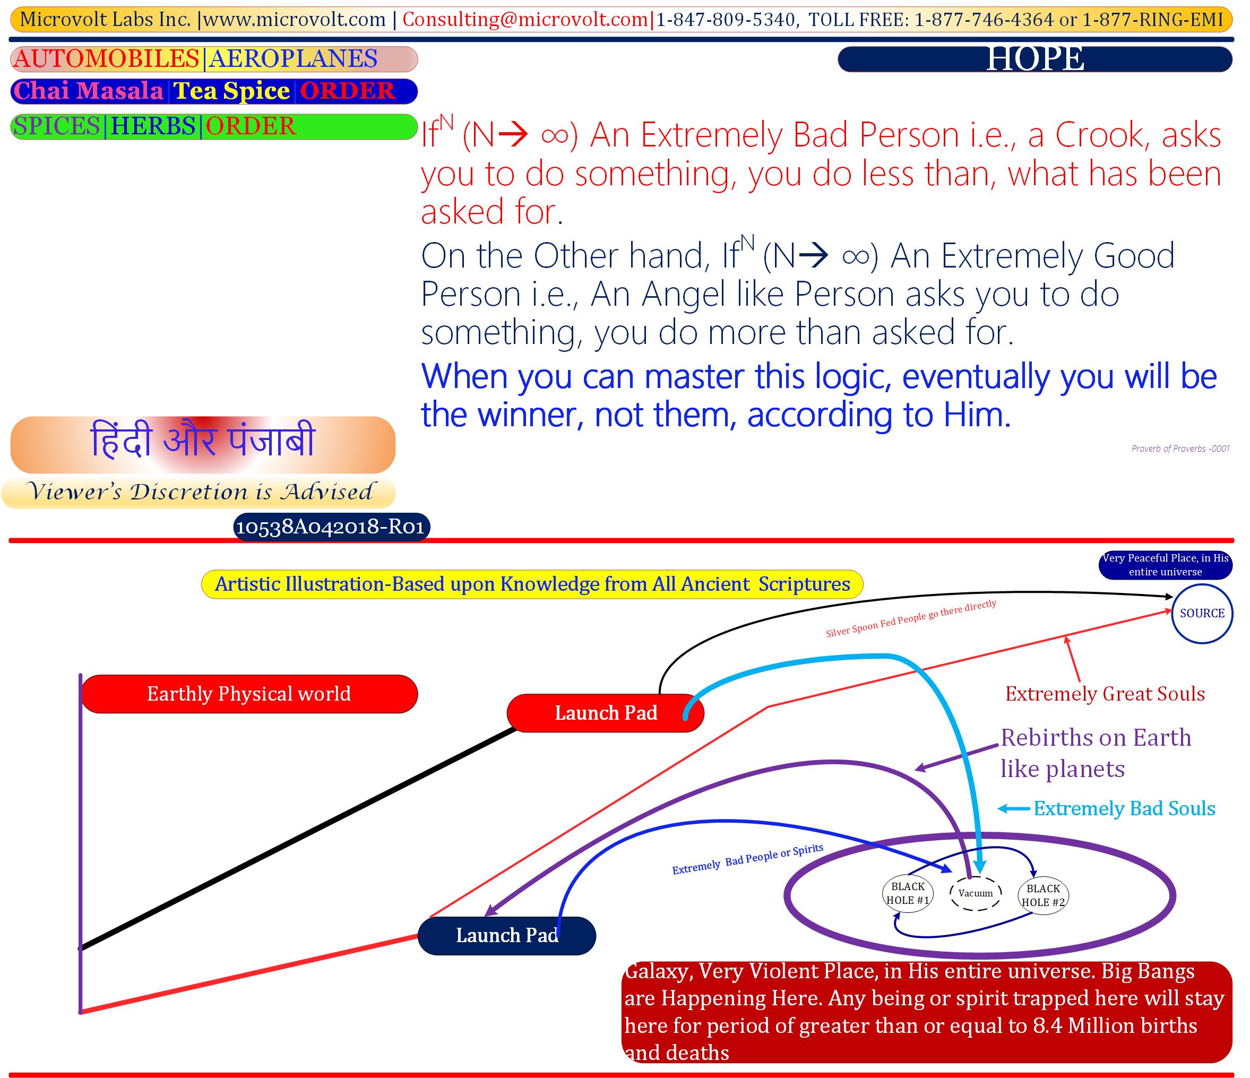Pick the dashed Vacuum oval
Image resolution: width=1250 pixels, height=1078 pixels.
coord(976,893)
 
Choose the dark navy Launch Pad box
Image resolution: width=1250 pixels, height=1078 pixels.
coord(507,936)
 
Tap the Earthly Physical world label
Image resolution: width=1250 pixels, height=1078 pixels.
coord(249,694)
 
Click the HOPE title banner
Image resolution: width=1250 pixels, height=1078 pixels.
coord(1035,59)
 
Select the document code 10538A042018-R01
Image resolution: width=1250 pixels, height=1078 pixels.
coord(331,527)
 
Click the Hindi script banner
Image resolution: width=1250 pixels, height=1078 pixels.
coord(203,445)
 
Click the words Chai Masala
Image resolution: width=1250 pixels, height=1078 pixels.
coord(88,91)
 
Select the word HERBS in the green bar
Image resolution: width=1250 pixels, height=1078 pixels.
coord(153,127)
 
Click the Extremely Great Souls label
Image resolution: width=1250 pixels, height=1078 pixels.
coord(1105,694)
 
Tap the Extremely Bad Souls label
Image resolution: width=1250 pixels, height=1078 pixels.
coord(1125,808)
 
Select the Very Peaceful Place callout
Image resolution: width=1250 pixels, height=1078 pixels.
coord(1165,565)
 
